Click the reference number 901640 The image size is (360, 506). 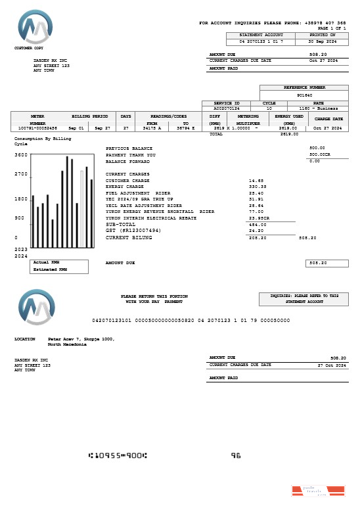coord(304,95)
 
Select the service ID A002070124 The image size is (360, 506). coord(227,108)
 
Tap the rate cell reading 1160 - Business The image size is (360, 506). coord(318,108)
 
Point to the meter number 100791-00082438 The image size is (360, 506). coord(37,127)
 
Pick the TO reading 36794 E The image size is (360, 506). coord(186,127)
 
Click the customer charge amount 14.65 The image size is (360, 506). coord(256,180)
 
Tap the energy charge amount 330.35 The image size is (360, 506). coord(257,187)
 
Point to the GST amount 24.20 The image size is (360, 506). coord(256,231)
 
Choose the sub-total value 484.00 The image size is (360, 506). coord(257,224)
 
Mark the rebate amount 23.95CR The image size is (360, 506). coord(259,218)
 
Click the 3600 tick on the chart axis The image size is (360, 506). coord(21,155)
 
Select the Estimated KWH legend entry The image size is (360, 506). coord(50,269)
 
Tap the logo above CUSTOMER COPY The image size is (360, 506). coord(35,28)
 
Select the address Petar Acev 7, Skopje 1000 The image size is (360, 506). coord(81,339)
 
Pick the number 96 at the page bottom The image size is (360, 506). coord(236,455)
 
